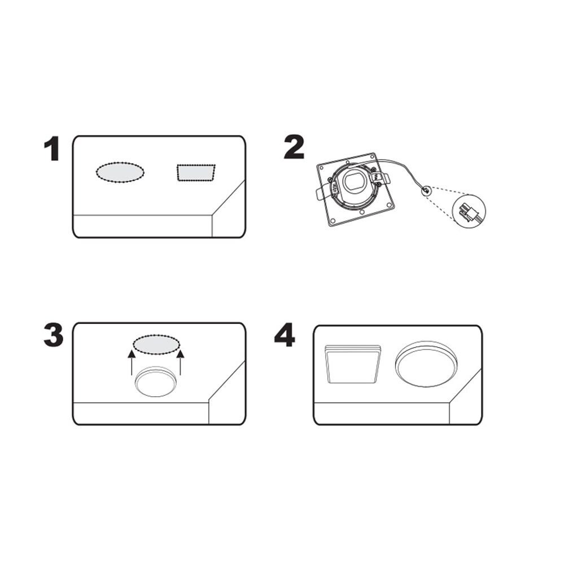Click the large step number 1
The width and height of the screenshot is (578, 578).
[x=52, y=148]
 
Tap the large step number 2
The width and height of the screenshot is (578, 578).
[x=294, y=147]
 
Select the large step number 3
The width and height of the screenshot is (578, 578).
[x=54, y=335]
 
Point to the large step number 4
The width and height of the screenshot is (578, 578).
[x=284, y=335]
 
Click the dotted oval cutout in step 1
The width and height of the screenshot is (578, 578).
[x=120, y=172]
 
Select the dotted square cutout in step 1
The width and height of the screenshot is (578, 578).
[x=196, y=173]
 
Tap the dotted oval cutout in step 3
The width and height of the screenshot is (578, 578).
[x=156, y=345]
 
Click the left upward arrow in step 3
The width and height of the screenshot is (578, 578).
[x=131, y=363]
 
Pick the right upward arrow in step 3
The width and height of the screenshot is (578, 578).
[x=180, y=362]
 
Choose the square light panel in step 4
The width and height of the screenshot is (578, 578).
[x=353, y=364]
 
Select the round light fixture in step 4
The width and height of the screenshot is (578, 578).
[x=426, y=364]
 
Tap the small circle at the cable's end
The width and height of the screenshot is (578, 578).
[x=426, y=191]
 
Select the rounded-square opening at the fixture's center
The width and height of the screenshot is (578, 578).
[x=354, y=181]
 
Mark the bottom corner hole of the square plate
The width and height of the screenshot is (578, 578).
[x=332, y=221]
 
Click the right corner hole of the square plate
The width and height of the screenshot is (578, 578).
[x=389, y=204]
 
